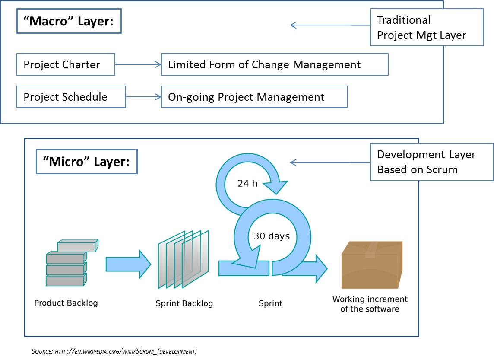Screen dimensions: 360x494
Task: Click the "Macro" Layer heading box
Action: (x=69, y=22)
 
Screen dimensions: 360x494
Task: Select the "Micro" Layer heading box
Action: (x=86, y=162)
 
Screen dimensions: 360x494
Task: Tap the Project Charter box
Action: (x=66, y=64)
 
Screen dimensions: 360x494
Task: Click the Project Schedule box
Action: (x=71, y=97)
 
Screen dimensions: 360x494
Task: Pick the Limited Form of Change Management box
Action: (x=274, y=64)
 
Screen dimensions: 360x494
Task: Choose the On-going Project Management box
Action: (x=254, y=97)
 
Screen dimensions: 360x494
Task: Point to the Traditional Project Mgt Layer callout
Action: (x=426, y=27)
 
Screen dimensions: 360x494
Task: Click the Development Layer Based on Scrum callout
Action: (x=431, y=162)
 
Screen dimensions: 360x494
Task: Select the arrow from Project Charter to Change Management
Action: (x=138, y=64)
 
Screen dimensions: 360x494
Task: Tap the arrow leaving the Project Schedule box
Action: (x=143, y=97)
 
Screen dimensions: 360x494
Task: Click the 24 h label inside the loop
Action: (x=247, y=183)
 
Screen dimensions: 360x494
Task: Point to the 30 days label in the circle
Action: (x=272, y=236)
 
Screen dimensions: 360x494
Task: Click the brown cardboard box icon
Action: (x=371, y=264)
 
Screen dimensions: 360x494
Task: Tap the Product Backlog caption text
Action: (x=66, y=303)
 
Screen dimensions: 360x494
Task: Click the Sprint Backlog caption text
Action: (x=184, y=303)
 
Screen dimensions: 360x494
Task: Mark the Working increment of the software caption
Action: (x=370, y=304)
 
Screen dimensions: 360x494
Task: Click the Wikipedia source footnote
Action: (x=114, y=351)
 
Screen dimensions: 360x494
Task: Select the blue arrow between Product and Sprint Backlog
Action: (x=128, y=264)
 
